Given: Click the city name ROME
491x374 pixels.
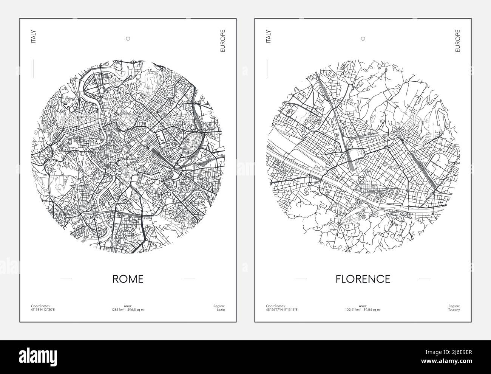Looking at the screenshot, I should pos(128,279).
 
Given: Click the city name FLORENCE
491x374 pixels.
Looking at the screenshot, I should pos(363,279).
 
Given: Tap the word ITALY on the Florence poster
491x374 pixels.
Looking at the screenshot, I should pos(269,37).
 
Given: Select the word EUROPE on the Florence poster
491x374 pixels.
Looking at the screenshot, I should pos(458,41).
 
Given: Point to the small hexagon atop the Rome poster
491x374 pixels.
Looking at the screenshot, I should pos(128,38).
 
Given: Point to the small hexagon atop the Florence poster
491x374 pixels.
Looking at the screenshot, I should pos(363,38).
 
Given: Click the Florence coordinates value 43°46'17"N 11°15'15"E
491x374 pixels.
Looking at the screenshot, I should pos(282,310).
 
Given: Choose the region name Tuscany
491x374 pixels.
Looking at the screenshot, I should pos(455,310).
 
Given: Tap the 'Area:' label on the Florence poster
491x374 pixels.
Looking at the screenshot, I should pos(363,306).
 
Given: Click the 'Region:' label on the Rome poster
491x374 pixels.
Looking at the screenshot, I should pos(219,306).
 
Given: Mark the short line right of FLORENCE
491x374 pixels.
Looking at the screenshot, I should pos(425,279).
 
